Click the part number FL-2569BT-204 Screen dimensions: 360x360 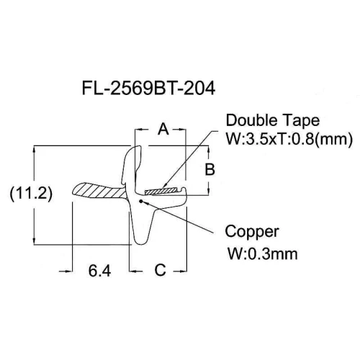coord(148,88)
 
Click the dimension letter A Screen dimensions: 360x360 coord(163,129)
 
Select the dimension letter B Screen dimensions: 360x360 coord(210,169)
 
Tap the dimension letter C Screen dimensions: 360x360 coord(160,270)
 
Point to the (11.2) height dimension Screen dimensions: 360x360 coord(31,193)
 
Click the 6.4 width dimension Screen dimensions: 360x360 coord(99,271)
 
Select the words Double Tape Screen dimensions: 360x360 coord(273,120)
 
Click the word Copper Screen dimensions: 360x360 coord(252,232)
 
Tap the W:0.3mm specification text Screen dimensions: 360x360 coord(263,254)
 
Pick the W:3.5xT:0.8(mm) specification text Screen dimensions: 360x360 coord(289,139)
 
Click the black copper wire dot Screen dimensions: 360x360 coord(141,201)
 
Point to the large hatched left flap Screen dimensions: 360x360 coord(99,191)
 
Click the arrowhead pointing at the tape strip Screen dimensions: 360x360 coord(164,186)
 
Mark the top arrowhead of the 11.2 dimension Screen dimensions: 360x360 coord(34,149)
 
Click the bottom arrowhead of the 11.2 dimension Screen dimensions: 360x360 coord(34,241)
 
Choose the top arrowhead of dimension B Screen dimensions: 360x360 coord(209,149)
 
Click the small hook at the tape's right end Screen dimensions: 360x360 coord(184,189)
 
